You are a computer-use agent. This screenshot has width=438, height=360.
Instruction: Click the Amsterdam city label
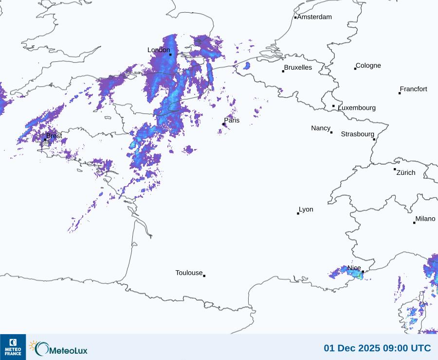(x=314, y=17)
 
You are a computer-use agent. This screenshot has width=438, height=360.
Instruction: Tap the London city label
(x=159, y=50)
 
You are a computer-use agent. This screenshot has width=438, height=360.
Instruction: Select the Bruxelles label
(x=298, y=68)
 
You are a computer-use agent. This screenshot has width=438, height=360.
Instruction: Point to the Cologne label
(x=368, y=66)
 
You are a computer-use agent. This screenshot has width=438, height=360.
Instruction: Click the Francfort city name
(x=414, y=89)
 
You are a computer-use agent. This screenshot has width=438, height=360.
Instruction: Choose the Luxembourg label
(x=357, y=108)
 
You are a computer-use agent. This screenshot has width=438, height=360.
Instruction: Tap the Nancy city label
(x=321, y=128)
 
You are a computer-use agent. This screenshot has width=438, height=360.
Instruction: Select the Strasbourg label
(x=358, y=134)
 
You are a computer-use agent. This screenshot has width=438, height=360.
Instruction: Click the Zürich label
(x=406, y=172)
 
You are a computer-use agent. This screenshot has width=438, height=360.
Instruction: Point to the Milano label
(x=425, y=219)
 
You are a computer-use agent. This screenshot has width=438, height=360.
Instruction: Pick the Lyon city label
(x=306, y=209)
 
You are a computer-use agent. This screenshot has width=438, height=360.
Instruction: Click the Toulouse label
(x=189, y=273)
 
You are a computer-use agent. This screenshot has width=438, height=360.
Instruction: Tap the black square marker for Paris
(x=223, y=124)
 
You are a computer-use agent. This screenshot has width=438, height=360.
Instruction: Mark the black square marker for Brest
(x=45, y=139)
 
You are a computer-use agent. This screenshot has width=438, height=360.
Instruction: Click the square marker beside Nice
(x=363, y=272)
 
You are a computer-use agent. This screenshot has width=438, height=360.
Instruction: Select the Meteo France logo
(x=13, y=347)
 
